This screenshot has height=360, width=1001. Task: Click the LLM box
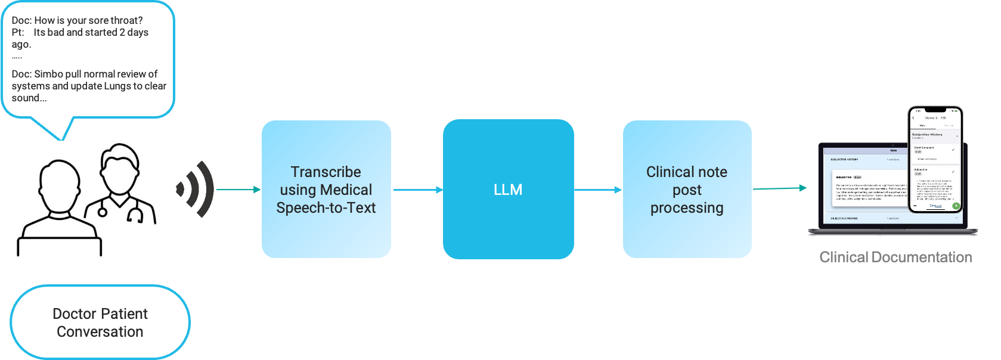click(508, 190)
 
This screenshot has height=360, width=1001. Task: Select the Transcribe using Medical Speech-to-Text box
click(326, 190)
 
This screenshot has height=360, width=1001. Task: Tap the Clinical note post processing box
click(687, 190)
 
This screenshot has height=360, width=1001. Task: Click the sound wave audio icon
click(195, 189)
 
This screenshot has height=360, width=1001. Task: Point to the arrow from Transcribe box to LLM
click(417, 190)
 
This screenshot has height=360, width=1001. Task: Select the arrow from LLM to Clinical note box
click(597, 190)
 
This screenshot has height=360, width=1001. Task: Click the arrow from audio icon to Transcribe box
click(238, 190)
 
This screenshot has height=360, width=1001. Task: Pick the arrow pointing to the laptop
click(781, 188)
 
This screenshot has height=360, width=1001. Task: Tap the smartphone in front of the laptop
click(935, 160)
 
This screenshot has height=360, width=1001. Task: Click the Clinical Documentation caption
click(895, 257)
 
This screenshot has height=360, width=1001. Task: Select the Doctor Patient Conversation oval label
click(100, 322)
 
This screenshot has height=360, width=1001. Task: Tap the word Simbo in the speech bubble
click(48, 74)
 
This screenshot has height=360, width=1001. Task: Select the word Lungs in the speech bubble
click(117, 86)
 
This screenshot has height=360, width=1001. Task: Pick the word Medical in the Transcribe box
click(345, 190)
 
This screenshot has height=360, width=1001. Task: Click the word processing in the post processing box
click(687, 208)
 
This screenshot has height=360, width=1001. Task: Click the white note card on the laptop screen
click(867, 188)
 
